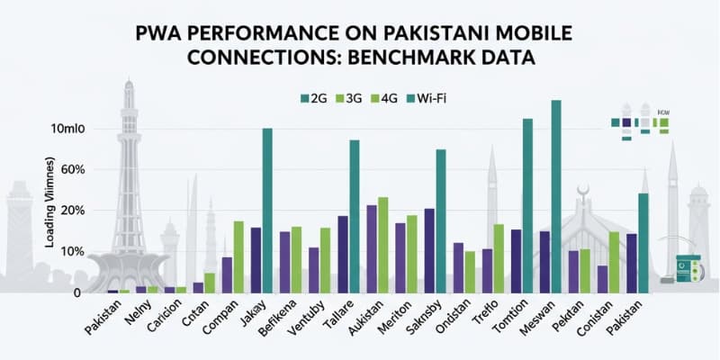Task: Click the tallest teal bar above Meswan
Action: pos(556,195)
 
